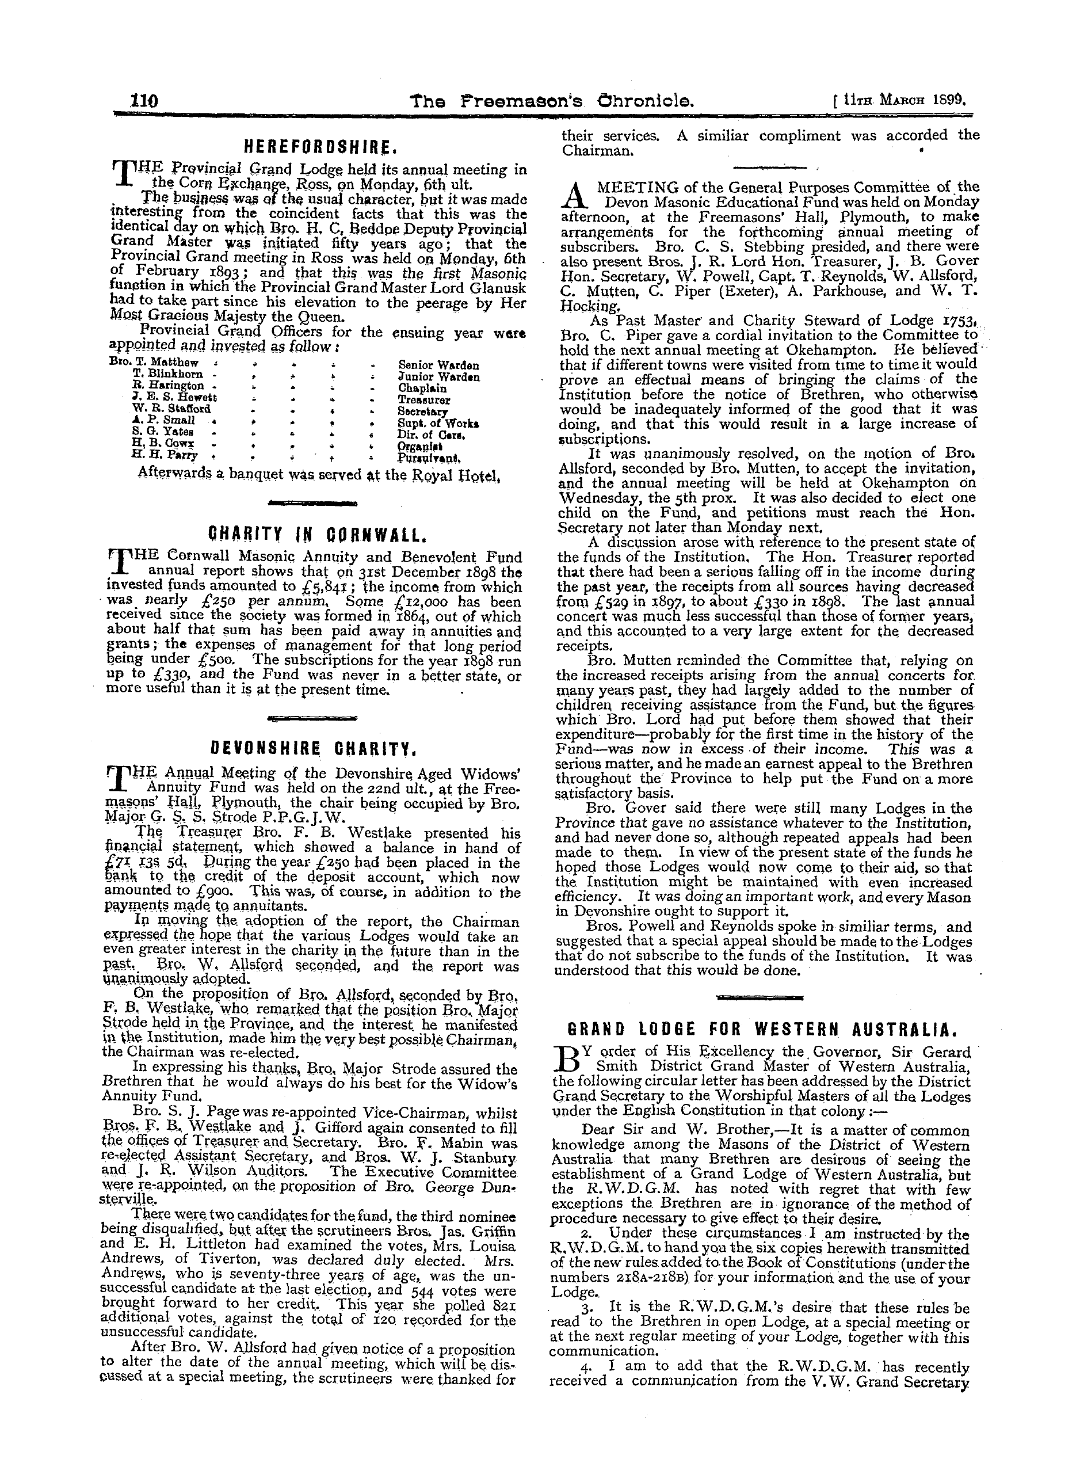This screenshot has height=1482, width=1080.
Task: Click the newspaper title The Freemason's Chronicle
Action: [x=542, y=101]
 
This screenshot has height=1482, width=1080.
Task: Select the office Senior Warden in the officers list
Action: [x=438, y=365]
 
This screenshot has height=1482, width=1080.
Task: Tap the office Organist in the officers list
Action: [x=418, y=445]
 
